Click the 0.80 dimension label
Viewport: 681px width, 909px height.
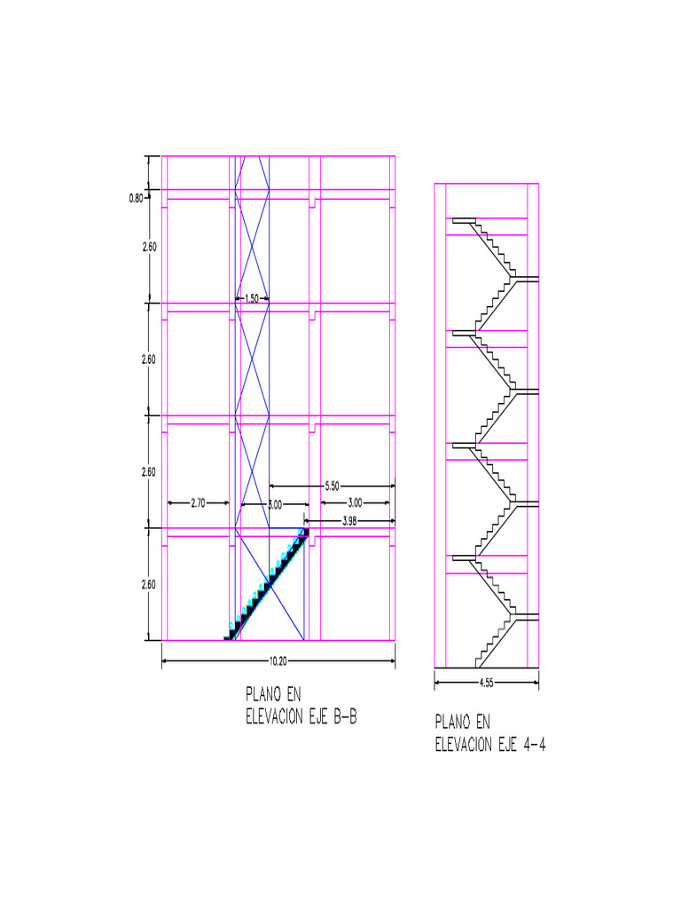pyautogui.click(x=136, y=198)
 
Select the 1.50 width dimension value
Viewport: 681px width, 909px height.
pyautogui.click(x=252, y=299)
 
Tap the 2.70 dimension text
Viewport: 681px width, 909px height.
pyautogui.click(x=198, y=503)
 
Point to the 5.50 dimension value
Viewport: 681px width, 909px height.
pyautogui.click(x=332, y=486)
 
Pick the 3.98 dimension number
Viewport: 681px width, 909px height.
pyautogui.click(x=349, y=521)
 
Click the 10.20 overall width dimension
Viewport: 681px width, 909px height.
pyautogui.click(x=278, y=660)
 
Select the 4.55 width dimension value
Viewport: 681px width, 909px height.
pyautogui.click(x=487, y=683)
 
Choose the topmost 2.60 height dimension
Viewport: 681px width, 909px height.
pyautogui.click(x=149, y=247)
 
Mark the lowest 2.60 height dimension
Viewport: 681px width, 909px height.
pyautogui.click(x=149, y=584)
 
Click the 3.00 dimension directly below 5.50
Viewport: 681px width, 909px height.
pyautogui.click(x=355, y=503)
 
